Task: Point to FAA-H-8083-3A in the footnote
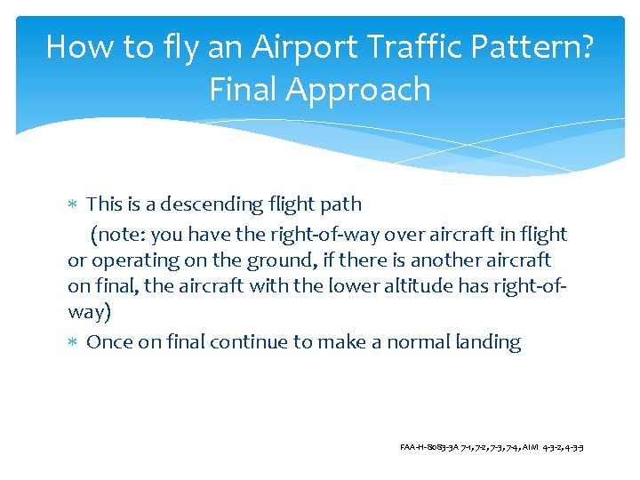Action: click(x=429, y=445)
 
